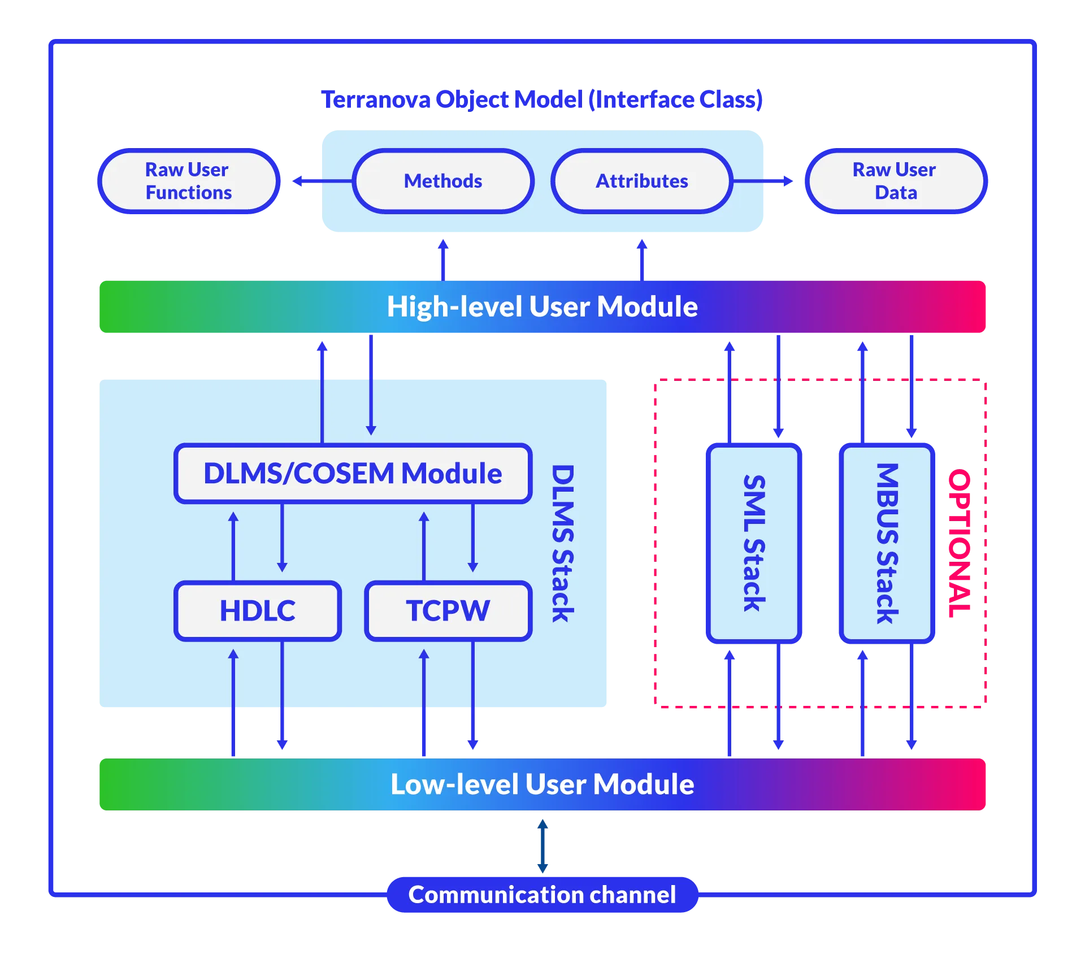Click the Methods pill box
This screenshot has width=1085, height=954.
coord(443,181)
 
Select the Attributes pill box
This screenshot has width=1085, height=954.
coord(642,181)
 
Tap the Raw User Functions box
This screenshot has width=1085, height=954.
coord(188,181)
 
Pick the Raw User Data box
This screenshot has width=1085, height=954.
coord(896,181)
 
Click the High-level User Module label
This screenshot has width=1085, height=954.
coord(542,307)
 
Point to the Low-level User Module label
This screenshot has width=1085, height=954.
coord(542,784)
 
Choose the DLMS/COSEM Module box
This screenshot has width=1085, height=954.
coord(353,474)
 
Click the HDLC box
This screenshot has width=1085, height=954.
coord(258,611)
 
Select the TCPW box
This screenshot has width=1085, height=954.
coord(448,611)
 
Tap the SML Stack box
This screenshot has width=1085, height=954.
coord(754,543)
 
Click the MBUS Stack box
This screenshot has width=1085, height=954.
coord(886,543)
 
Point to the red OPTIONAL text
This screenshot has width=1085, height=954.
coord(959,543)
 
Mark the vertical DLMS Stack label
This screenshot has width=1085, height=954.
coord(562,543)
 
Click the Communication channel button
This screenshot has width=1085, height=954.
coord(542,895)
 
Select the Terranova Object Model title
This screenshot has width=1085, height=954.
coord(542,99)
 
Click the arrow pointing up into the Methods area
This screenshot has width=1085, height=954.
coord(443,258)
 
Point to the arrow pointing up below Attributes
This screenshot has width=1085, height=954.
coord(642,258)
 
